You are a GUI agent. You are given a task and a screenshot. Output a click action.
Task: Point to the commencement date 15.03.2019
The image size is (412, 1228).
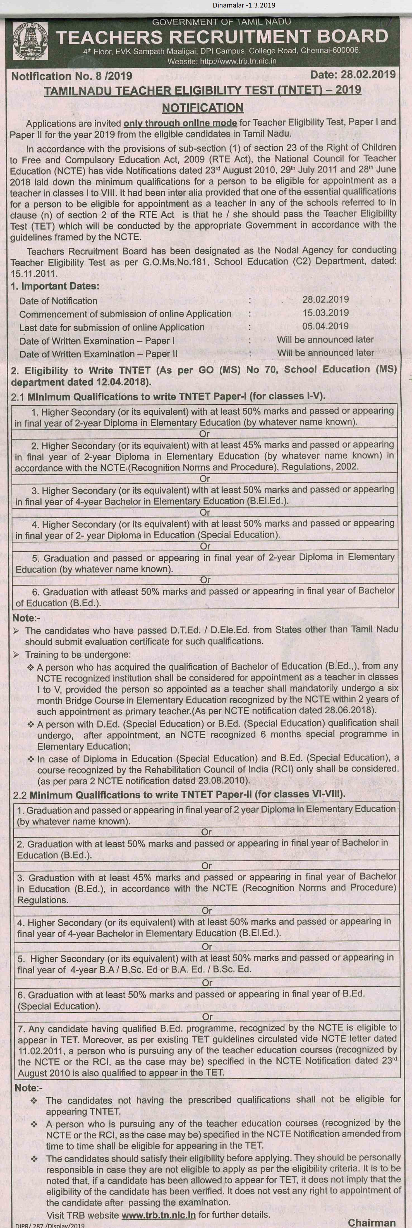[325, 313]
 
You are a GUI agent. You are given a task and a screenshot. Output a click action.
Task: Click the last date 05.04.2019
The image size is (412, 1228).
[325, 326]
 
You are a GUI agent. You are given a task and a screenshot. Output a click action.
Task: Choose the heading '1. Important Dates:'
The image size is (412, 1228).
[55, 286]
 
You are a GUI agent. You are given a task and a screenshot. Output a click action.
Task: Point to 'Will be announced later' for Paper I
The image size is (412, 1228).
[325, 339]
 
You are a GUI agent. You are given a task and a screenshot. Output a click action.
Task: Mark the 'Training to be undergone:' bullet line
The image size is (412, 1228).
[78, 655]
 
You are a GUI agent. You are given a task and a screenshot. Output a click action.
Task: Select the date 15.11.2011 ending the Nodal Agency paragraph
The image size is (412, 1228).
[34, 274]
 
